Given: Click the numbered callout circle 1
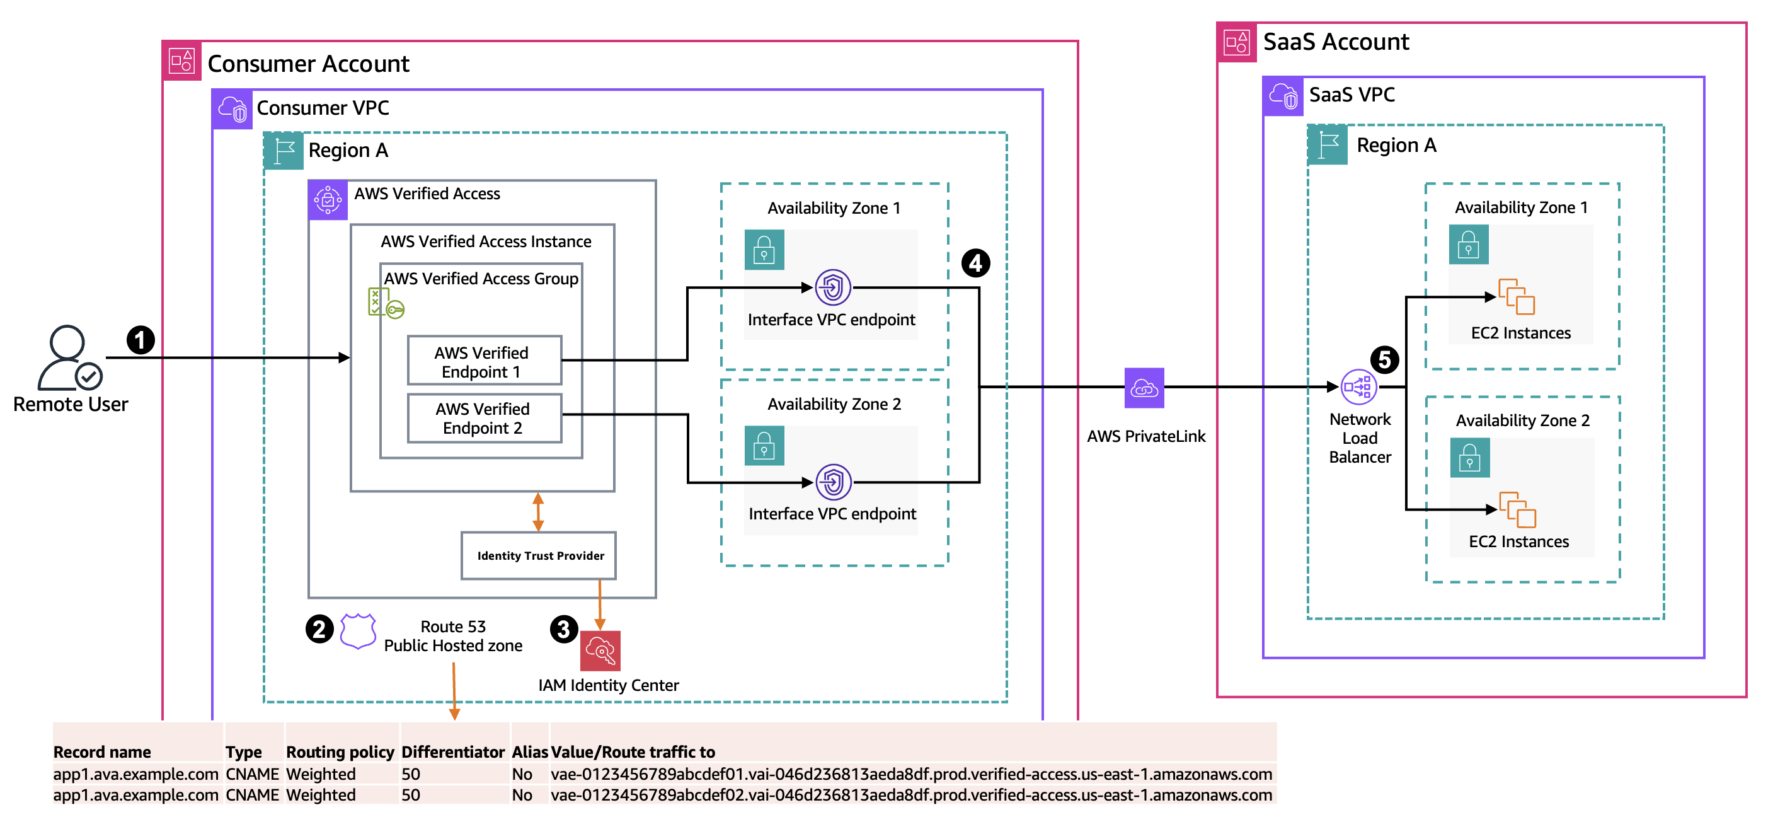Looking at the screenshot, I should point(141,340).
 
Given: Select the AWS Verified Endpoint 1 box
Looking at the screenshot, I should point(484,361).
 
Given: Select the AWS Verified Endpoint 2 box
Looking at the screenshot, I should point(484,418).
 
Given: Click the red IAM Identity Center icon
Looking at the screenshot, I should point(600,651).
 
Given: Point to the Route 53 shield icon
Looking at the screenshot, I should point(358,630).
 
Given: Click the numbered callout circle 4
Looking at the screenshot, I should point(975,263).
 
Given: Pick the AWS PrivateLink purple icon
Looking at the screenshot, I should point(1144,388).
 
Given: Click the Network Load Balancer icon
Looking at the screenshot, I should point(1358,388).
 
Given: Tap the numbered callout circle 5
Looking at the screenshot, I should point(1384,359).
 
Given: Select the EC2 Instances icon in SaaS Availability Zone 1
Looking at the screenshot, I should point(1517,297).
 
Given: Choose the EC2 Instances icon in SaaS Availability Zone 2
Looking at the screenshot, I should point(1518,509).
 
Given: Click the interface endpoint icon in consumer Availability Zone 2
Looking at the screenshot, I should point(833,482).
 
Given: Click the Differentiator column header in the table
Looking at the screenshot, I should point(453,752).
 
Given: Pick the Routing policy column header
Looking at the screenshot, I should point(340,752).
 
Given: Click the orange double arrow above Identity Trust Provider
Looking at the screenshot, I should point(538,511).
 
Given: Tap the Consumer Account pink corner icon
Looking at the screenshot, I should point(181,61).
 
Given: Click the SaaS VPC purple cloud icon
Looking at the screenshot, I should point(1283,96).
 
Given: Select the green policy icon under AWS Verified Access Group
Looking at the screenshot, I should point(385,304).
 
